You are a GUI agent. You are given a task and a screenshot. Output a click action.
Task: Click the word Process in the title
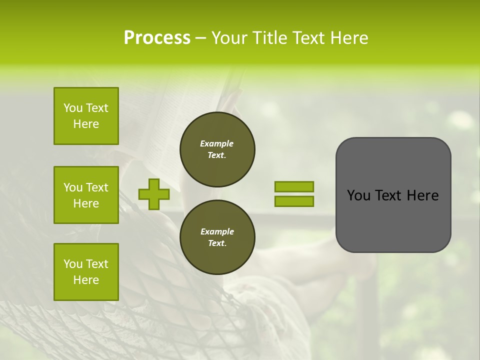click(x=157, y=38)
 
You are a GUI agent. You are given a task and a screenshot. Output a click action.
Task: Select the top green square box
click(x=86, y=116)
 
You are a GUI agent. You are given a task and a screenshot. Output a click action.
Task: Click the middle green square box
click(x=86, y=195)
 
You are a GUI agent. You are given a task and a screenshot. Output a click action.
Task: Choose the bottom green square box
click(x=86, y=272)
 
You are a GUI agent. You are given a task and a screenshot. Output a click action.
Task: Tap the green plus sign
click(x=153, y=194)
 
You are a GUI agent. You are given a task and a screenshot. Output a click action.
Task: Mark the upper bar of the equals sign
click(x=294, y=187)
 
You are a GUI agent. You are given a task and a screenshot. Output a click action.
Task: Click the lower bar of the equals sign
click(x=294, y=201)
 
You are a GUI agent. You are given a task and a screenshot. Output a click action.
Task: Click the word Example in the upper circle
click(x=217, y=143)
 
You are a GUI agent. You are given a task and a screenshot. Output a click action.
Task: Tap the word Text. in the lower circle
click(x=217, y=243)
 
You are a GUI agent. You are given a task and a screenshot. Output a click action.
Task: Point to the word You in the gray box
click(x=358, y=195)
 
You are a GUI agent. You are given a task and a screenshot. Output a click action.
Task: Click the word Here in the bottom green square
click(x=86, y=280)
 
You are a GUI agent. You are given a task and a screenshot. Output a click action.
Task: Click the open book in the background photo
click(x=150, y=115)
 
